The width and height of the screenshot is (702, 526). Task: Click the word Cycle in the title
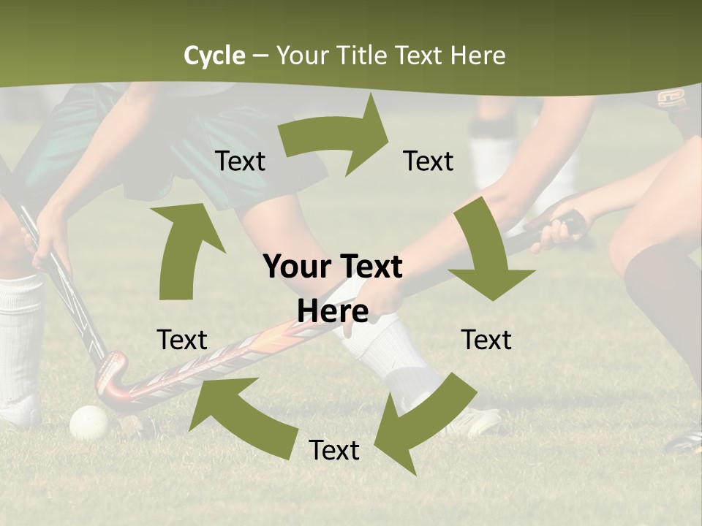[214, 56]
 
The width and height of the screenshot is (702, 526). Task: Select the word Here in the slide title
[478, 56]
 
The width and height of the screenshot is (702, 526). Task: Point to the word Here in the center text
[333, 312]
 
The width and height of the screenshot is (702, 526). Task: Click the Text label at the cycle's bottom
[334, 451]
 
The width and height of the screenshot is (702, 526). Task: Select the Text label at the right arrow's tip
[429, 161]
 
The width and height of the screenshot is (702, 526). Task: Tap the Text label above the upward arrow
[240, 161]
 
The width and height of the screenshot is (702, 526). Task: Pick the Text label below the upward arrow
[182, 340]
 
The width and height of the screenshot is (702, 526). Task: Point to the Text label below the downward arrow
[486, 340]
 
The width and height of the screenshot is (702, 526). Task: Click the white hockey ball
[89, 422]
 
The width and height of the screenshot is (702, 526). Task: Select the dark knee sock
[662, 292]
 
